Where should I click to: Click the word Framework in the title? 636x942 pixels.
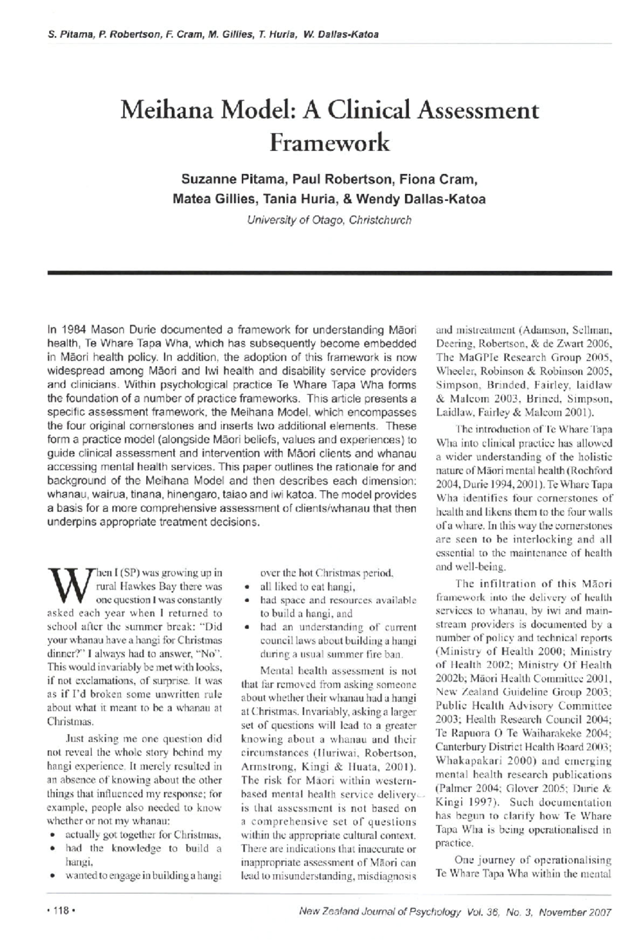coord(330,143)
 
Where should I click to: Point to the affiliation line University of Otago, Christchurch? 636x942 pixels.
coord(329,220)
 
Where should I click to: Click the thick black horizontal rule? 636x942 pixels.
coord(329,272)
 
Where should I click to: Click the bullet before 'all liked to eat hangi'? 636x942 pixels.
coord(247,588)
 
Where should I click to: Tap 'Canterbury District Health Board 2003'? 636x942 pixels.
coord(523,747)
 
